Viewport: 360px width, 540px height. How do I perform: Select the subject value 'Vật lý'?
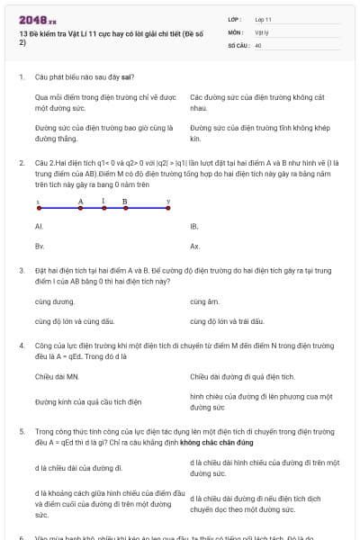pyautogui.click(x=262, y=31)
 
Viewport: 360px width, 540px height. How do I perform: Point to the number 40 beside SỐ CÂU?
pyautogui.click(x=258, y=43)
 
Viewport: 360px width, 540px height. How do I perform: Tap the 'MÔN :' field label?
pyautogui.click(x=236, y=31)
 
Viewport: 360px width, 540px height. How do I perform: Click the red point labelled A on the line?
pyautogui.click(x=80, y=208)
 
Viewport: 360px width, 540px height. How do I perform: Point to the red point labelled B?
pyautogui.click(x=125, y=208)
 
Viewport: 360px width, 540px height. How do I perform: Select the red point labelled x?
pyautogui.click(x=37, y=208)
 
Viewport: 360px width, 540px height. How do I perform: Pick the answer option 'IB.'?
pyautogui.click(x=194, y=227)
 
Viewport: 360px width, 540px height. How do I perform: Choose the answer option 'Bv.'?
pyautogui.click(x=40, y=246)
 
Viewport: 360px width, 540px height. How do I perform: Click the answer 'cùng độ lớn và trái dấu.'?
pyautogui.click(x=226, y=320)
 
